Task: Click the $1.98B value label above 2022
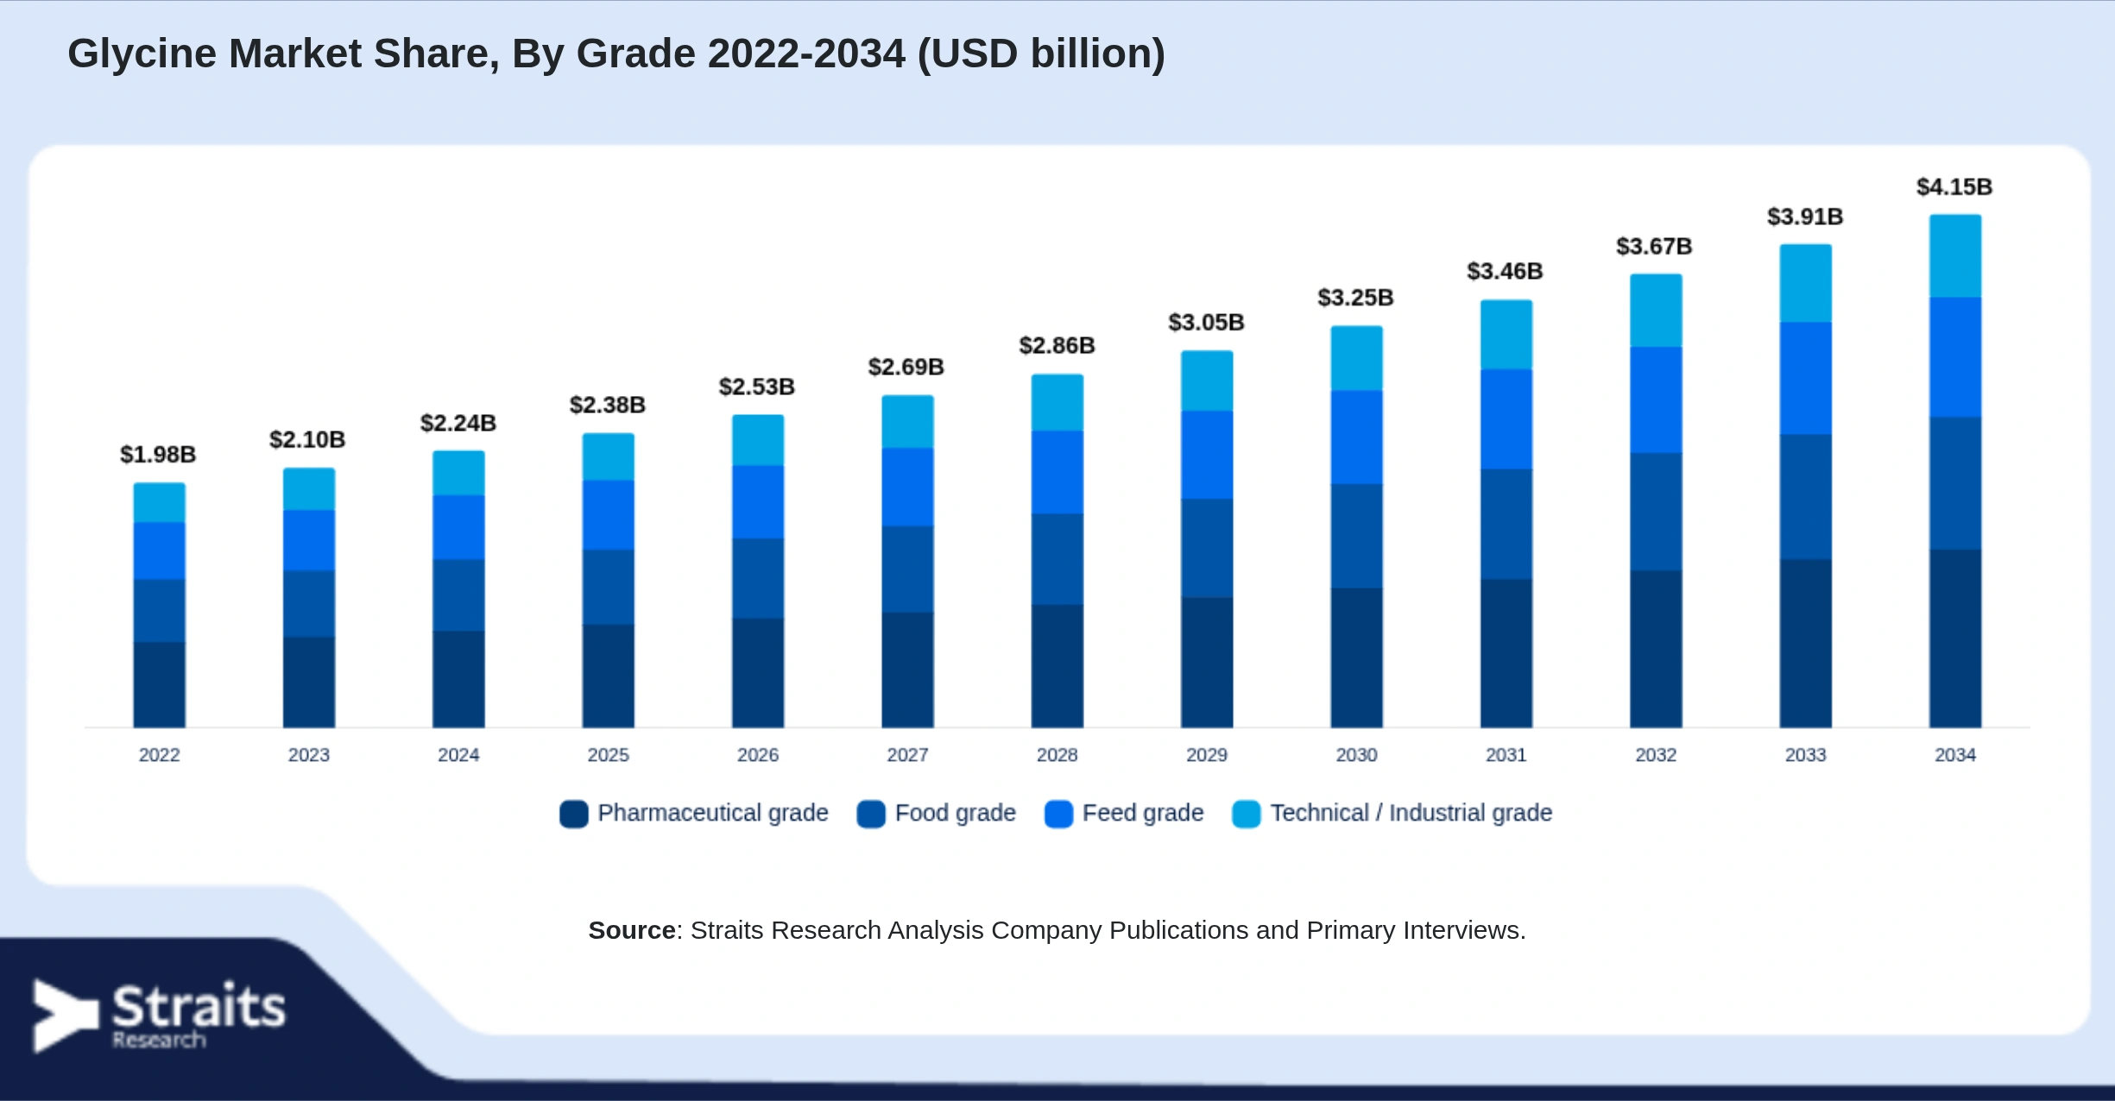click(x=158, y=455)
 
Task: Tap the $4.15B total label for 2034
click(x=1954, y=187)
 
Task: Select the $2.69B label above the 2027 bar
click(x=906, y=368)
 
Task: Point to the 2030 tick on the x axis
click(x=1356, y=755)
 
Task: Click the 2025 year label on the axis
click(x=608, y=755)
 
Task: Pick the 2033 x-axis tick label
click(x=1805, y=755)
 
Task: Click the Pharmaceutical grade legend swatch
click(x=574, y=814)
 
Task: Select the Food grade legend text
click(x=955, y=813)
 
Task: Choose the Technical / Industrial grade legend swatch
click(x=1247, y=814)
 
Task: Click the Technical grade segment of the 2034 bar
click(x=1955, y=256)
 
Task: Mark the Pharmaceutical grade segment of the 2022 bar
click(x=159, y=684)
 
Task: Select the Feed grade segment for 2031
click(x=1506, y=419)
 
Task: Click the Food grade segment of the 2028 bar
click(x=1057, y=559)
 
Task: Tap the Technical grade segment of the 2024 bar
click(x=458, y=473)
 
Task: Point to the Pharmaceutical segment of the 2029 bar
click(x=1207, y=663)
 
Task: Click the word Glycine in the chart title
click(x=142, y=54)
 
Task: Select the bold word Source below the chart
click(x=632, y=930)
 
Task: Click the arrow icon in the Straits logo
click(x=66, y=1016)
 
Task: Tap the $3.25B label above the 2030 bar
click(x=1355, y=298)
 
